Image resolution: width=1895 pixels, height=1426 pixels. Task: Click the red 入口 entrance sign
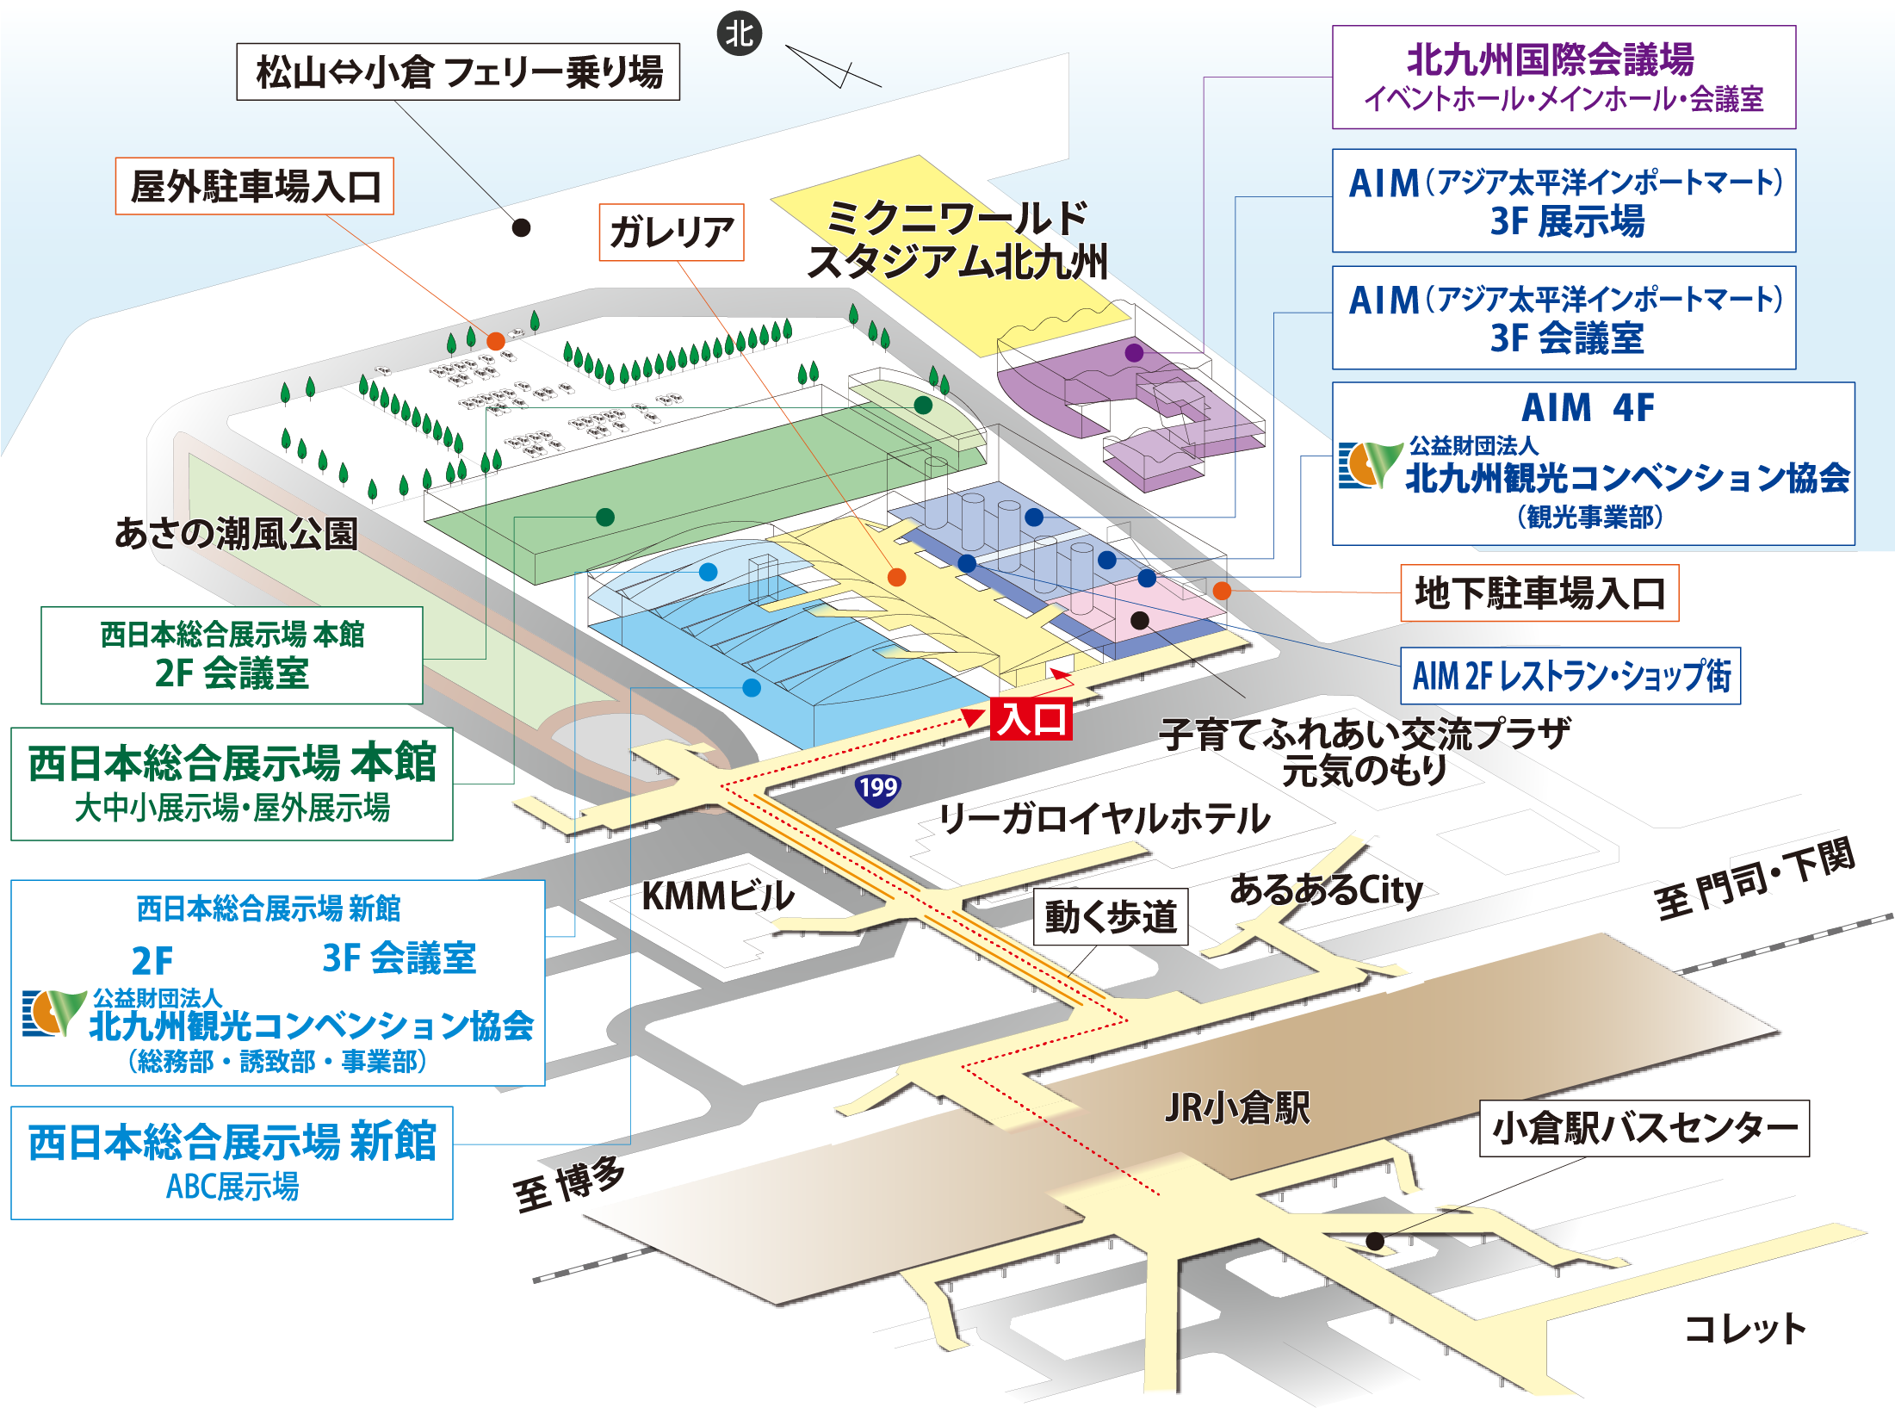[1031, 718]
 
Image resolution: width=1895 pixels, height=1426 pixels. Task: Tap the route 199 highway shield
[877, 787]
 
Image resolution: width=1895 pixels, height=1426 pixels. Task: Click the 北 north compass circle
[739, 34]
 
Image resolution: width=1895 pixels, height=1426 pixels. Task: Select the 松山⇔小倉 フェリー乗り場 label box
[458, 71]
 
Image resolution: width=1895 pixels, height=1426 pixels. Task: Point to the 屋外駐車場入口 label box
[255, 186]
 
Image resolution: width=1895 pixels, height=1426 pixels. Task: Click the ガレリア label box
[672, 232]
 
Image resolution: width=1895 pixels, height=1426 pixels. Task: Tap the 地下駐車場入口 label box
[1539, 593]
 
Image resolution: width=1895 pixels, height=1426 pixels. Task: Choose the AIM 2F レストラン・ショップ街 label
[1570, 676]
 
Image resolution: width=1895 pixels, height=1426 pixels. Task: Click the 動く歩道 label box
[1111, 917]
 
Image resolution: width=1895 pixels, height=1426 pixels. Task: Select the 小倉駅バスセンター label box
[1644, 1128]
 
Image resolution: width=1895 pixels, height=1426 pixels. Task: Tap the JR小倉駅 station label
[1237, 1107]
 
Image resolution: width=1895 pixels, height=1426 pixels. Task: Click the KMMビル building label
[718, 896]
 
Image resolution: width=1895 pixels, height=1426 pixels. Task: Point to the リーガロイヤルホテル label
[1105, 818]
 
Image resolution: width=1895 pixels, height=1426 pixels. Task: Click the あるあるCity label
[1326, 890]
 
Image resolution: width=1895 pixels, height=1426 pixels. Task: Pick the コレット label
[1744, 1328]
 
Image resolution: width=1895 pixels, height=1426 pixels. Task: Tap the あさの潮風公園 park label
[236, 533]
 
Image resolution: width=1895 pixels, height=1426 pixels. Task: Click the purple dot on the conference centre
[1134, 352]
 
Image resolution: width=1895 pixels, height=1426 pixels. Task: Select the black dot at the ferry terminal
[521, 227]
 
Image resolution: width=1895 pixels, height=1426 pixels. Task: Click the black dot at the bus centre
[1375, 1241]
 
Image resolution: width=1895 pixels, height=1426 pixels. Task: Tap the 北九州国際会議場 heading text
[1551, 60]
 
